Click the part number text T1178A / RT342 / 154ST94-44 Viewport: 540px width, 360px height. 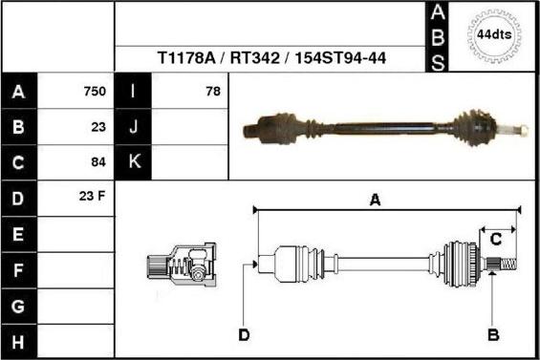point(270,58)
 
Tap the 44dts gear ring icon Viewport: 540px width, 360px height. point(494,35)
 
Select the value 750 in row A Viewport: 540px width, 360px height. point(95,92)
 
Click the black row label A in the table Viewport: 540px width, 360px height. point(19,93)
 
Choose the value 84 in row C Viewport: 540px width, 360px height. point(98,162)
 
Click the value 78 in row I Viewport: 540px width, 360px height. point(212,92)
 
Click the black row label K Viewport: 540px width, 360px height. point(134,162)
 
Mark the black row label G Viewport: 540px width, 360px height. point(19,307)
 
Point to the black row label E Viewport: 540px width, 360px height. point(19,234)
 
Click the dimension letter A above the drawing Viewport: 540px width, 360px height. point(376,200)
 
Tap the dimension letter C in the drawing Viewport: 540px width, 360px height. point(497,241)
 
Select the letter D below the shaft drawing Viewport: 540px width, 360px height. point(244,335)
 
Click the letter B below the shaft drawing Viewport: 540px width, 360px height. point(494,335)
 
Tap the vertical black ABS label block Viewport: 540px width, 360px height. point(437,36)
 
